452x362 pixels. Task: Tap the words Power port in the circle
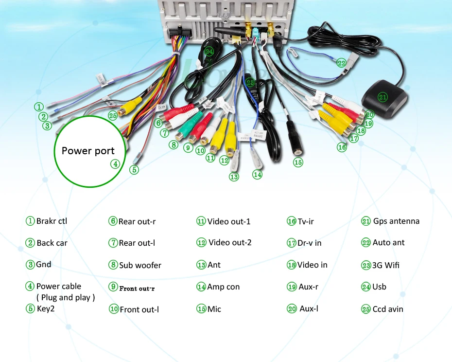88,151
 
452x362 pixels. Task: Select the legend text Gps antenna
396,221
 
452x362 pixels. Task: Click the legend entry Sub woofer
140,265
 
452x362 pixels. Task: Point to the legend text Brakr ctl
52,221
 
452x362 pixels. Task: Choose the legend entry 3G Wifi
386,265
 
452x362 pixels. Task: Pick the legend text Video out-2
229,242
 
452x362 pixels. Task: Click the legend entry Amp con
223,287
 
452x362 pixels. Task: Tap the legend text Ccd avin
387,309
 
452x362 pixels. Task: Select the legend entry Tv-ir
305,221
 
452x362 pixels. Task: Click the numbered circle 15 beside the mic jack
298,163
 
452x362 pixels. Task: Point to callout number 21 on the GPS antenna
383,97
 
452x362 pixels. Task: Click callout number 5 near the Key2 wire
134,170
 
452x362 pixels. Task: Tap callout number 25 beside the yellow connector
113,115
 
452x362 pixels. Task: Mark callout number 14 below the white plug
257,174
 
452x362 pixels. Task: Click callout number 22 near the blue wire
341,63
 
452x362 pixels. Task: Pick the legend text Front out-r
137,288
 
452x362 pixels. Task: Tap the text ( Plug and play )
65,297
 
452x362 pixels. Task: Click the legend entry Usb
379,287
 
